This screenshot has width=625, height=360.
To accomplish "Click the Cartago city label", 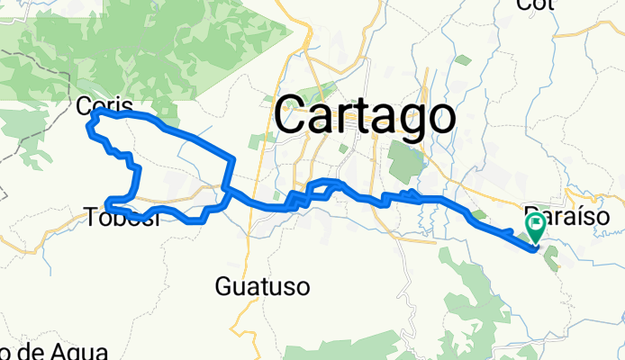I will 364,115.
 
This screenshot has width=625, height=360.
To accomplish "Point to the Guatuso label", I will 263,287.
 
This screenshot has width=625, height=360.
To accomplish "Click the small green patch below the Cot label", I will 463,61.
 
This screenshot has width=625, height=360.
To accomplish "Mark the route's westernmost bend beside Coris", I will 87,128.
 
